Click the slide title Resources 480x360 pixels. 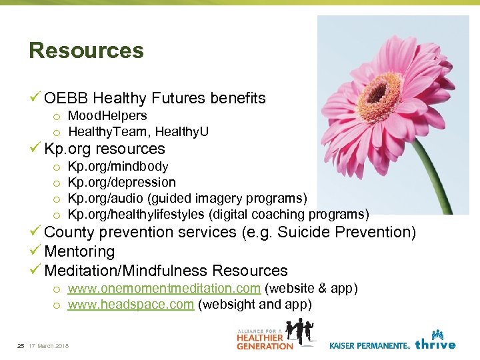point(86,51)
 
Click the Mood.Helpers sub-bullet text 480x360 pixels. point(107,116)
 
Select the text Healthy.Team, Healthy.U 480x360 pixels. point(138,132)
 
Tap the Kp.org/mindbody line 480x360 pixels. point(118,166)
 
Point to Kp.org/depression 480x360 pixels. point(122,182)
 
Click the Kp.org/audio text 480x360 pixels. point(104,198)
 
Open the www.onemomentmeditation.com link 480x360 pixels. point(164,289)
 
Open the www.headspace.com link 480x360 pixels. point(131,305)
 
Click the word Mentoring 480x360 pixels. point(79,252)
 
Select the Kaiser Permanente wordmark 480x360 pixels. point(369,345)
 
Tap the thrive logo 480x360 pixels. point(435,341)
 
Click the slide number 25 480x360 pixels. point(21,345)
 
